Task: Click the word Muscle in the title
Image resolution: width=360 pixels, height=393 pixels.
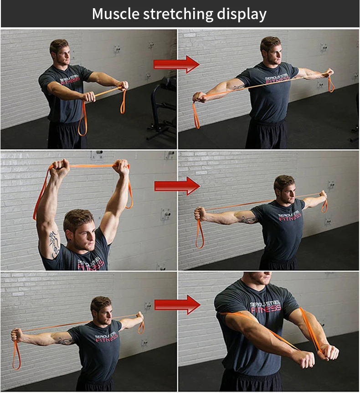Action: point(115,14)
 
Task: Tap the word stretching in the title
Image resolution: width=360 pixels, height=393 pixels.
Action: point(178,15)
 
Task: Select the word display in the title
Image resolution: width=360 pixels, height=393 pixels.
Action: point(242,15)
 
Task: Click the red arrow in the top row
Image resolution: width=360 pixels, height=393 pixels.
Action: point(176,64)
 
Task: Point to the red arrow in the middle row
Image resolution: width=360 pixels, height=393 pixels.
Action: point(177,186)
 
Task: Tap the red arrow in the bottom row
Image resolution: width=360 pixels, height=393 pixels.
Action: point(177,305)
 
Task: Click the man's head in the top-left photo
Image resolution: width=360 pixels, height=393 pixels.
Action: point(60,52)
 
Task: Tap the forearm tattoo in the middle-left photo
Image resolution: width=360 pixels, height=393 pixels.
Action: point(55,244)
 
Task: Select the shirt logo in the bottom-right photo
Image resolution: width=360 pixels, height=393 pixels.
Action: point(266,306)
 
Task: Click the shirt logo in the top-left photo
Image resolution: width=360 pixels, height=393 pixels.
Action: point(70,80)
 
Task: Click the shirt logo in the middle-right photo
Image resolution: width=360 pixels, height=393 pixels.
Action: point(290,216)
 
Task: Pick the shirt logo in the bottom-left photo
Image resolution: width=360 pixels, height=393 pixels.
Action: point(107,336)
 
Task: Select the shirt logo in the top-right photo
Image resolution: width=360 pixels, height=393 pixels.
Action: point(277,78)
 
